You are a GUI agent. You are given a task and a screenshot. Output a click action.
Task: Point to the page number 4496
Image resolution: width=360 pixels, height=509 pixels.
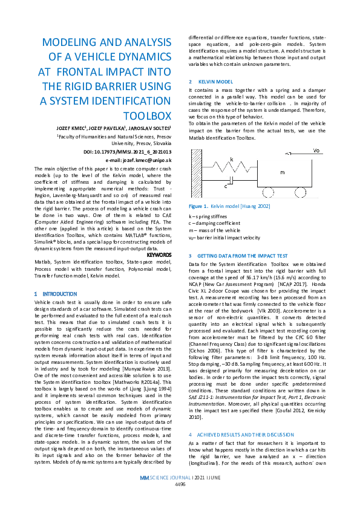pos(180,501)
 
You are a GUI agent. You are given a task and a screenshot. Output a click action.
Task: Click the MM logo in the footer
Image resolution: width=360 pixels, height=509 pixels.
pos(144,494)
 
